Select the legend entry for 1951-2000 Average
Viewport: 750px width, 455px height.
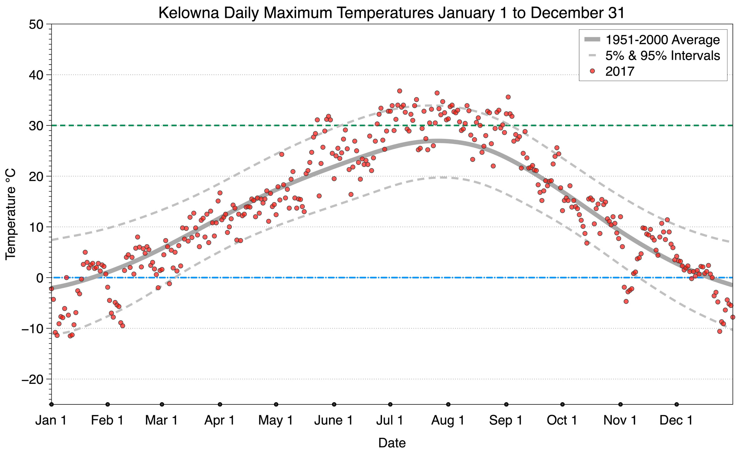coord(662,40)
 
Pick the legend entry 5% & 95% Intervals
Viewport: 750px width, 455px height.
coord(662,56)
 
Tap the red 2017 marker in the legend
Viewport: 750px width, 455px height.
coord(592,71)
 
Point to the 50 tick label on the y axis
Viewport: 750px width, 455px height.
coord(36,24)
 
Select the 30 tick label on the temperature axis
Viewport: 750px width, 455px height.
coord(36,126)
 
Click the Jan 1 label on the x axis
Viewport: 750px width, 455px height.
coord(51,420)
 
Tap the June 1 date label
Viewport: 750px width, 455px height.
coord(333,420)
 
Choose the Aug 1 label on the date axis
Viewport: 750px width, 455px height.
coord(447,420)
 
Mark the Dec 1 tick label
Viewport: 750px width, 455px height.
coord(676,420)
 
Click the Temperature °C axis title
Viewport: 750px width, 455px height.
coord(10,214)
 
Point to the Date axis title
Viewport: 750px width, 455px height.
coord(392,443)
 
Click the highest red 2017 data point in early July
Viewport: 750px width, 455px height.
coord(399,91)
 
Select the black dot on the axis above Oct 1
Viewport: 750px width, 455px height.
coord(562,404)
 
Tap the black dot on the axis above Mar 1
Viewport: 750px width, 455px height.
coord(162,404)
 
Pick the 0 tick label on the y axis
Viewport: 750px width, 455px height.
coord(40,278)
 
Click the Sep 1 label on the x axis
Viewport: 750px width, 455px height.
coord(506,420)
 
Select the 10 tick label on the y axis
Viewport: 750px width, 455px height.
coord(36,227)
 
